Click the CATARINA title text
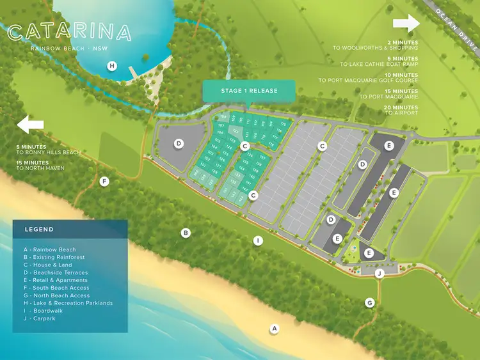click(x=70, y=33)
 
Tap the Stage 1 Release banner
click(x=249, y=91)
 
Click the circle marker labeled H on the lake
click(x=112, y=65)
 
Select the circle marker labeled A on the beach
click(x=275, y=329)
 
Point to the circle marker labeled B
click(x=186, y=233)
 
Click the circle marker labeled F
click(x=105, y=182)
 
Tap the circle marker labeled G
click(x=369, y=302)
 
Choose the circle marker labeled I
click(x=258, y=240)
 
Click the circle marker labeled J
click(x=380, y=274)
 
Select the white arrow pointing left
click(x=31, y=124)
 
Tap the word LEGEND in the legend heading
click(x=39, y=230)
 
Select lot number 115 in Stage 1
click(x=283, y=123)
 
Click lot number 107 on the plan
click(x=221, y=125)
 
